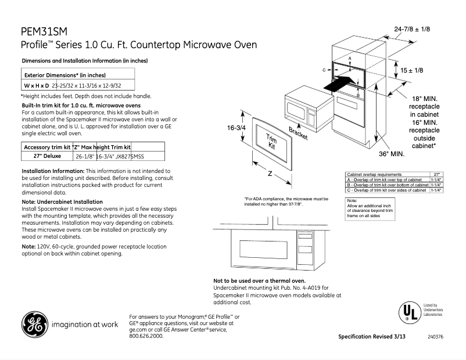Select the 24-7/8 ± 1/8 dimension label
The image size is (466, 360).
[412, 29]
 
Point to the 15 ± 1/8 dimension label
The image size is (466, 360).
[412, 70]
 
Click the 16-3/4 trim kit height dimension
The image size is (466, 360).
[236, 128]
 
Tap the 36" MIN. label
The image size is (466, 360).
[391, 154]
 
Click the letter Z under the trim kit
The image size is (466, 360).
[270, 174]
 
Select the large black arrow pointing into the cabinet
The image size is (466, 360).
[338, 82]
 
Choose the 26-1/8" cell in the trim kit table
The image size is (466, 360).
[84, 156]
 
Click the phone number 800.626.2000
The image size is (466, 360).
[146, 336]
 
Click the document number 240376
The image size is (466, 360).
[435, 337]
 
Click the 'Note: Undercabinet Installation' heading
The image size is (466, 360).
[62, 201]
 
